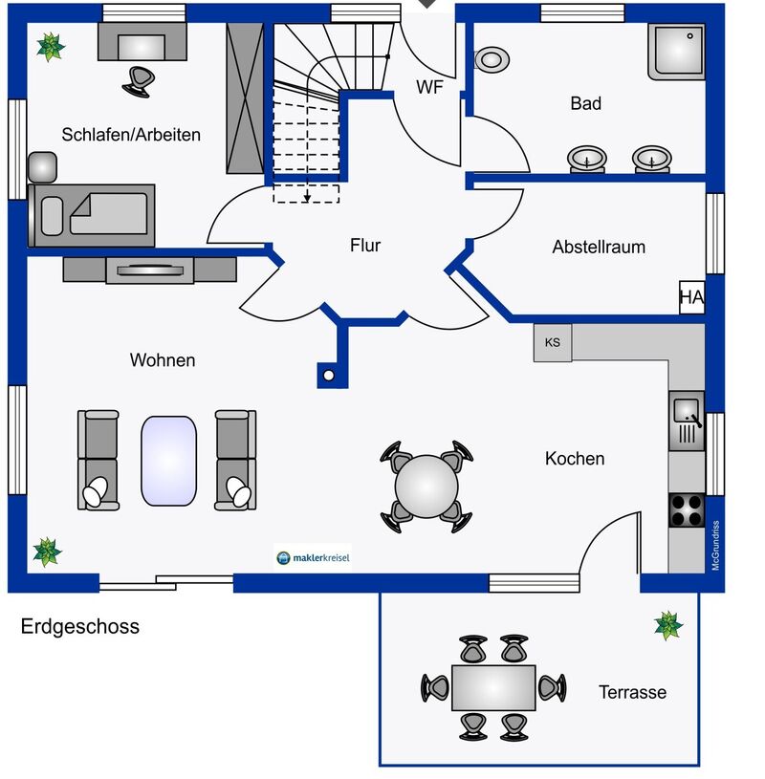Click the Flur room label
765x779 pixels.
pyautogui.click(x=365, y=245)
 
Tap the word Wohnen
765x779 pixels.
pyautogui.click(x=163, y=360)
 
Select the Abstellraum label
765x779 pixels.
pyautogui.click(x=599, y=247)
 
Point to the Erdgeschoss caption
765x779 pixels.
pyautogui.click(x=80, y=626)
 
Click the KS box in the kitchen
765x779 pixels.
pyautogui.click(x=553, y=342)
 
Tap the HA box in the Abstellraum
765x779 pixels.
pyautogui.click(x=691, y=297)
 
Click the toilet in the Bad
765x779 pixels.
pyautogui.click(x=492, y=59)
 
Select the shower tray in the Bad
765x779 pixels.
pyautogui.click(x=676, y=52)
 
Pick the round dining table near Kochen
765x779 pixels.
pyautogui.click(x=426, y=486)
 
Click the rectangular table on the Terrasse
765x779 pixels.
pyautogui.click(x=493, y=687)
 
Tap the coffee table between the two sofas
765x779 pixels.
pyautogui.click(x=168, y=461)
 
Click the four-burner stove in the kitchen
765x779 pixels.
pyautogui.click(x=687, y=509)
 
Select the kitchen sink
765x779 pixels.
pyautogui.click(x=687, y=421)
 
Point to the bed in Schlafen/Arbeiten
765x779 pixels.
pyautogui.click(x=92, y=215)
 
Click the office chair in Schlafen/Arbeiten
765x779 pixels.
pyautogui.click(x=139, y=82)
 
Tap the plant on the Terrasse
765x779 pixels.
pyautogui.click(x=668, y=625)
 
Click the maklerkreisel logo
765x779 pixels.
pyautogui.click(x=313, y=557)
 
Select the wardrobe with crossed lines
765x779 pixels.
pyautogui.click(x=245, y=98)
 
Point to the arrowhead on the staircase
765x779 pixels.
pyautogui.click(x=307, y=198)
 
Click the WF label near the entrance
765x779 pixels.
pyautogui.click(x=429, y=87)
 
